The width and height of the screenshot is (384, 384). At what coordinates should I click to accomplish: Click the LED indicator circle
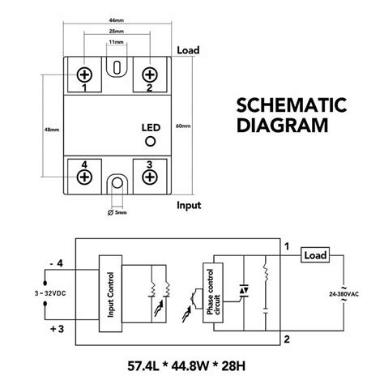tap(148, 140)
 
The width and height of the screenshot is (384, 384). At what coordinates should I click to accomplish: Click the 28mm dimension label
tap(116, 32)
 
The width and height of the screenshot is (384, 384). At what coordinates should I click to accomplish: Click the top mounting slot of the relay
tap(117, 66)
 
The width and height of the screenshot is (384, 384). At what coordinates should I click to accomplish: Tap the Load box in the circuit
tap(314, 254)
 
